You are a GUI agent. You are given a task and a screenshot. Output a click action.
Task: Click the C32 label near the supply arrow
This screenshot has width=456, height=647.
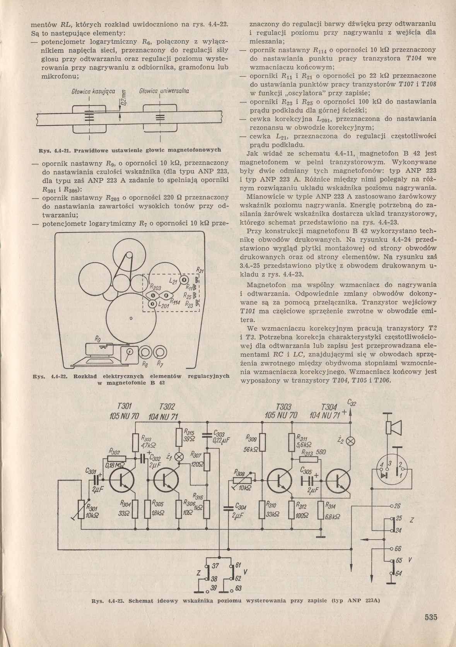pos(352,403)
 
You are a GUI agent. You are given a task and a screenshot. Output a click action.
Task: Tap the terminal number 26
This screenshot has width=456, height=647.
pos(398,506)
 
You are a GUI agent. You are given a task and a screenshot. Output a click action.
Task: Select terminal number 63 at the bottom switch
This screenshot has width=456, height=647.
pos(237,589)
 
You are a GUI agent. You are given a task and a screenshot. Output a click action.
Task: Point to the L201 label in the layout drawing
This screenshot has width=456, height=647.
pos(164,305)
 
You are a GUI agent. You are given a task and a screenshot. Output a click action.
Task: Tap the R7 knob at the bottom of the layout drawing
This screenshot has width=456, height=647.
pos(159,353)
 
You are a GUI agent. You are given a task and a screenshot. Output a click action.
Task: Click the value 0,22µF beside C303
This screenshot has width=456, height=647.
pos(221,441)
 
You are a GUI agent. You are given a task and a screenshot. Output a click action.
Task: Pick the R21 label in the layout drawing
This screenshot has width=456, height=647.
pos(200,270)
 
